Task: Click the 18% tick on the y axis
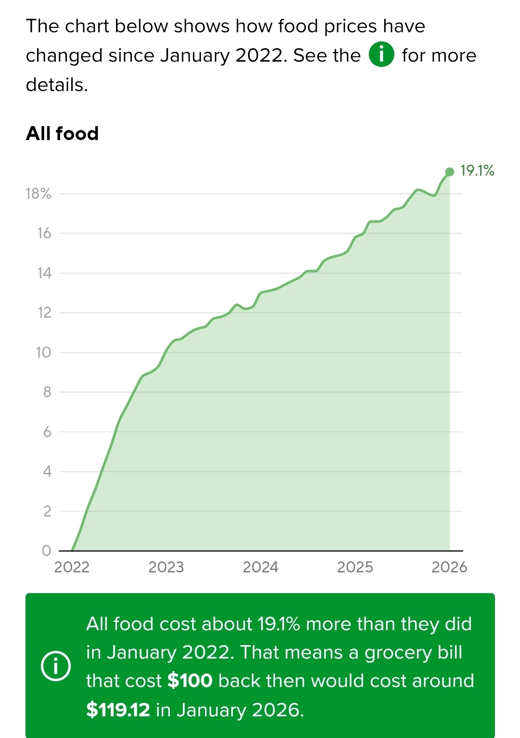click(x=39, y=194)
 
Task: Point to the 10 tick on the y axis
click(x=43, y=352)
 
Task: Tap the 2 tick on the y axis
click(x=47, y=511)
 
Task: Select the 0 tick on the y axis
click(x=46, y=550)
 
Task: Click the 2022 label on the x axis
click(x=72, y=567)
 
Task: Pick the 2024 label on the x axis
click(x=260, y=567)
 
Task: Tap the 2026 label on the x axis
click(x=449, y=567)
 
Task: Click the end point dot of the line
click(x=450, y=172)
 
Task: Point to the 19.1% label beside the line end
click(x=477, y=170)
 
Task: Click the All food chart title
click(x=62, y=133)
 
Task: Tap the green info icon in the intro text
click(x=381, y=54)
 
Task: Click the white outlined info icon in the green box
click(x=56, y=666)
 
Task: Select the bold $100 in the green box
click(x=190, y=681)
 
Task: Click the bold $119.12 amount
click(x=118, y=710)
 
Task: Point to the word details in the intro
click(x=56, y=85)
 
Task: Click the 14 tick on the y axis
click(x=44, y=273)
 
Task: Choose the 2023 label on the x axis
click(x=166, y=567)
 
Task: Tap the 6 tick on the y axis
click(x=47, y=432)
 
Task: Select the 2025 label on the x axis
click(x=355, y=567)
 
